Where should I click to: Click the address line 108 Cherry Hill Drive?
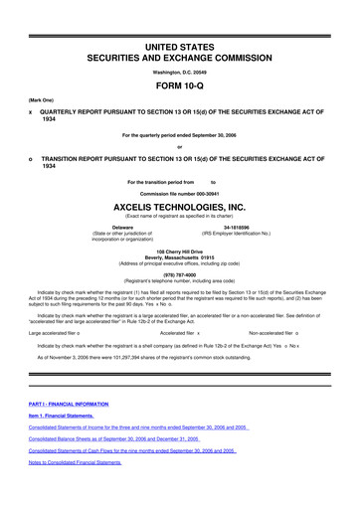coord(180,252)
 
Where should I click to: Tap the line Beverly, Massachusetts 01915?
coord(180,258)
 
